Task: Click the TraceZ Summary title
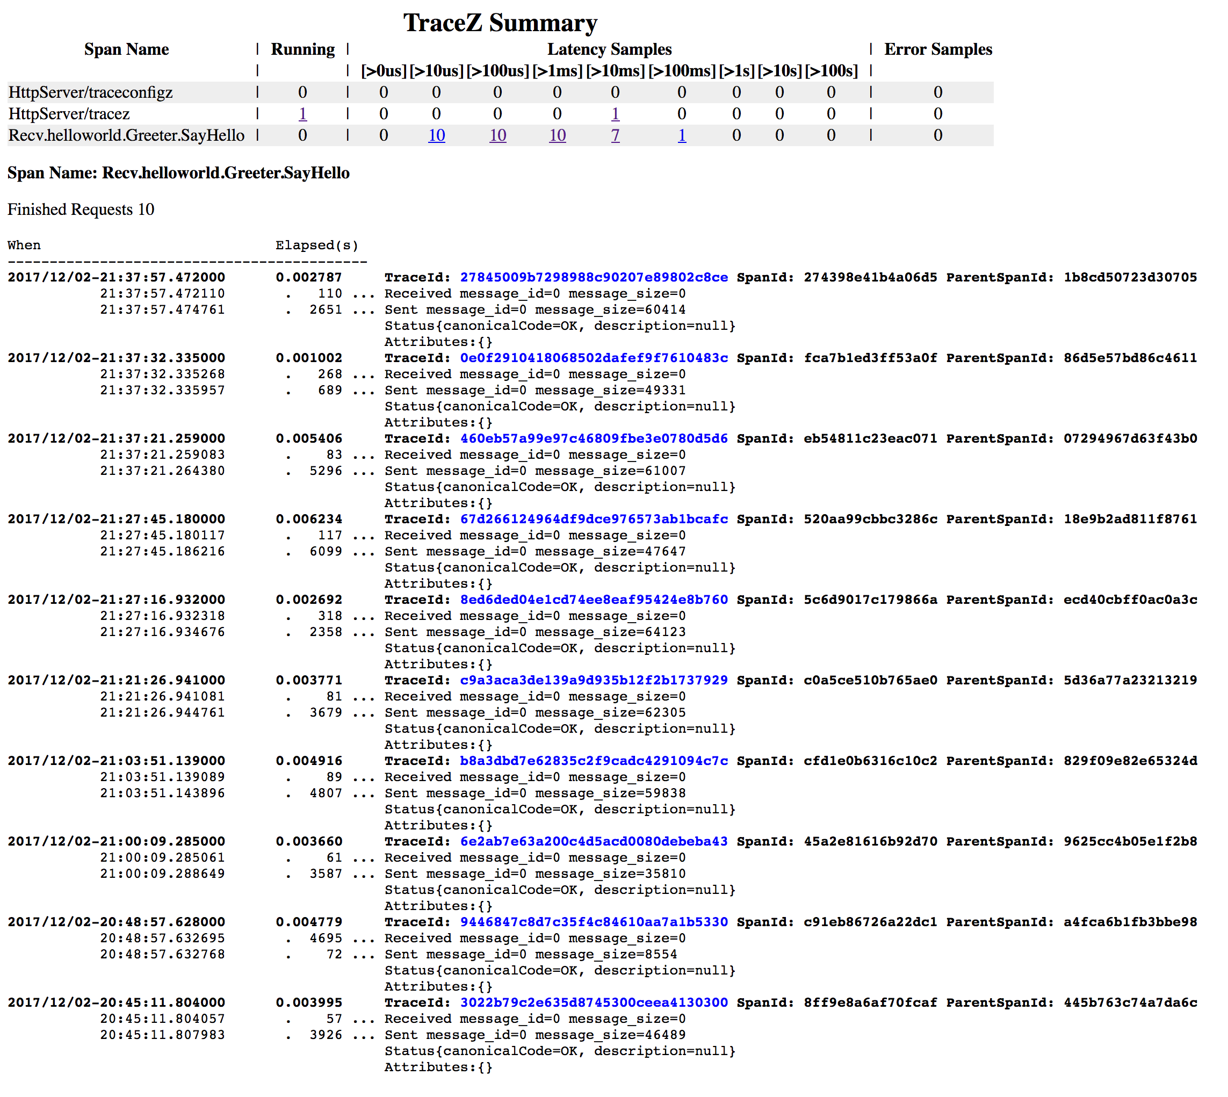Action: pos(500,23)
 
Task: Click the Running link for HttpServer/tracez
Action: pos(302,114)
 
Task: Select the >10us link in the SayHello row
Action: pos(436,135)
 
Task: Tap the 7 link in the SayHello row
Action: pos(615,135)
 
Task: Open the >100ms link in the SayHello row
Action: pos(682,135)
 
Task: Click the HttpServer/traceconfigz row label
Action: pos(90,92)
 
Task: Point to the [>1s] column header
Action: pos(736,71)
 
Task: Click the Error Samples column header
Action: pos(937,49)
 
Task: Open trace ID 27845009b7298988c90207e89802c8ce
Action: pos(594,277)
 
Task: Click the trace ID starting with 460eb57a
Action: pos(594,438)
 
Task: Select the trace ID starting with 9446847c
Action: pos(594,922)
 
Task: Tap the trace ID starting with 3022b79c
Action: pos(594,1002)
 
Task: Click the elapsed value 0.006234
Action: pos(308,519)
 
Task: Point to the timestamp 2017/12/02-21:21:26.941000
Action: pos(116,680)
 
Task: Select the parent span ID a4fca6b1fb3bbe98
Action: pos(1130,922)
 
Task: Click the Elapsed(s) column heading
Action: pos(316,246)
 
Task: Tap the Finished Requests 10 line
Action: pos(81,209)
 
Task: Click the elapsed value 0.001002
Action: pos(308,358)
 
